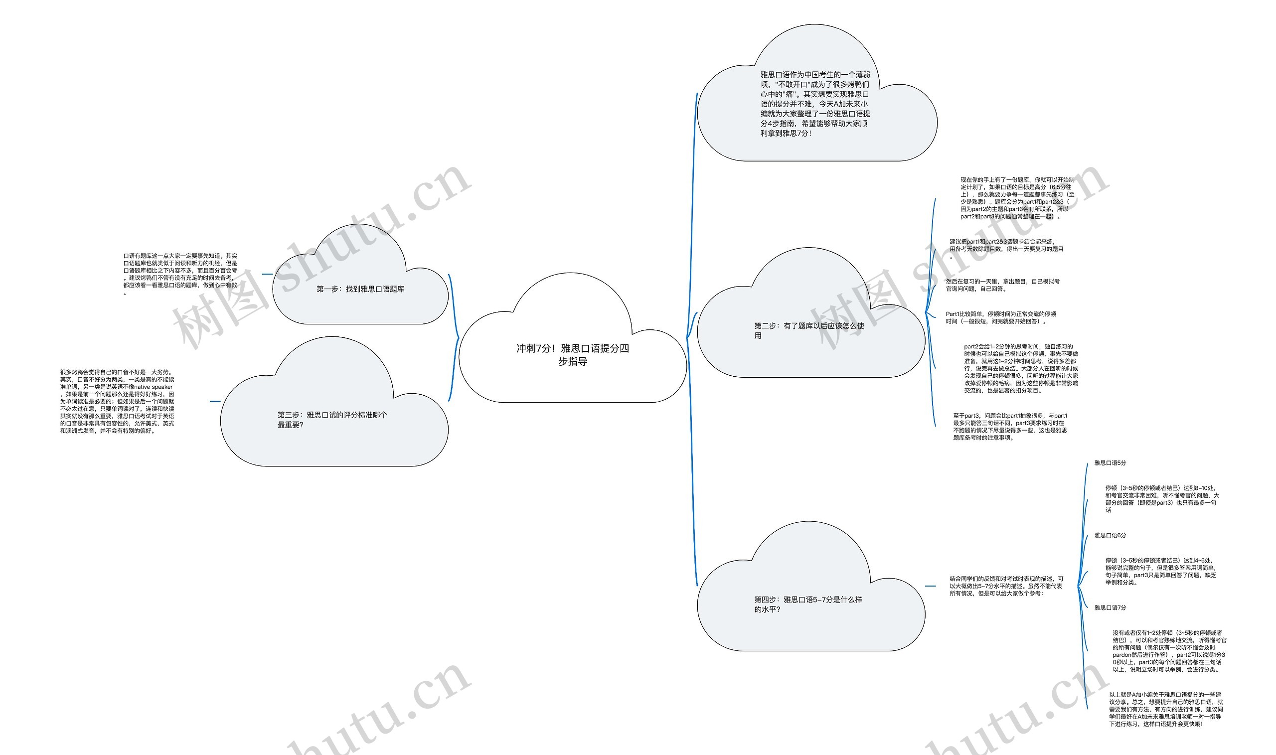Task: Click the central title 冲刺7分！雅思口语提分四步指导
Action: point(572,355)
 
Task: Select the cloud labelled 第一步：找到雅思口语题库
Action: point(360,289)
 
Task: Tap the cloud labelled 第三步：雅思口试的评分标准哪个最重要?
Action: point(332,420)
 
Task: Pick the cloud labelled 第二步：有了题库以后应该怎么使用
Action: point(809,330)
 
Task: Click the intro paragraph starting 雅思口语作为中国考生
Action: point(815,104)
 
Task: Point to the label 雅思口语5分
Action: point(1110,463)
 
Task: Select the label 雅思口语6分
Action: point(1110,535)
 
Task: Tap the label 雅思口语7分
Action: point(1110,607)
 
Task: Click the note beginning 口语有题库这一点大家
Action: point(180,274)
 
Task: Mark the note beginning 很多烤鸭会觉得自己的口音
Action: point(117,401)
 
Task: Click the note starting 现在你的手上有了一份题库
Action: point(1017,198)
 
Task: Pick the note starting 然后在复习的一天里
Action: point(1002,285)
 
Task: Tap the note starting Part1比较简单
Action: point(1001,317)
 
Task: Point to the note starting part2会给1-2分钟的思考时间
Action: point(1021,368)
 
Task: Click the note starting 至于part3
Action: point(1010,427)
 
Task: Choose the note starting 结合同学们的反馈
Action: point(1006,586)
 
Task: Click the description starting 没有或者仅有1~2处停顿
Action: point(1169,651)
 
